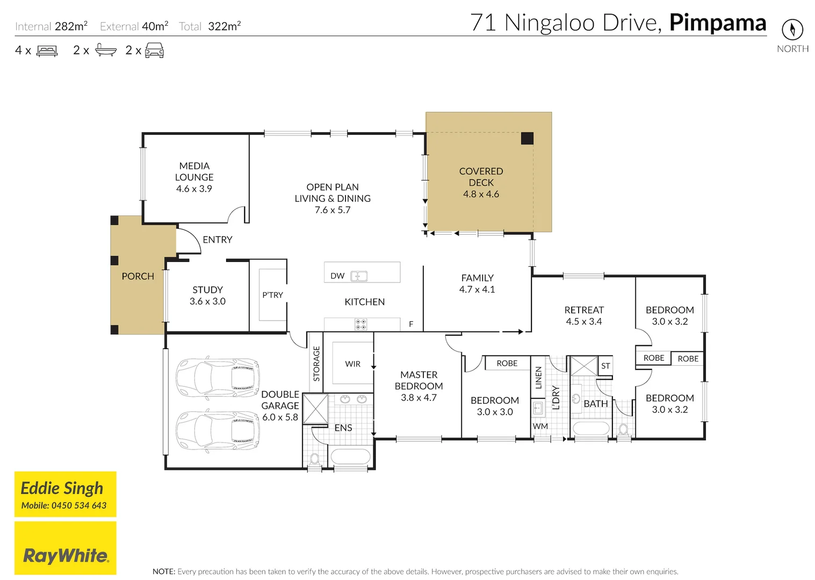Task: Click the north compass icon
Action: pos(792,30)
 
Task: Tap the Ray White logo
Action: pos(66,555)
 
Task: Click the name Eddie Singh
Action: pos(62,488)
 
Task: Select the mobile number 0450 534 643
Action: pos(78,505)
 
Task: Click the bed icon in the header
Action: pos(47,51)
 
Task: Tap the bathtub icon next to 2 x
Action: pos(105,50)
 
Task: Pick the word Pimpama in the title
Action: pos(717,23)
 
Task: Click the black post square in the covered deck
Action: pos(527,138)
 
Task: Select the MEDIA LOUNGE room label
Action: pos(194,171)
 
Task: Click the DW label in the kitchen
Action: pos(337,276)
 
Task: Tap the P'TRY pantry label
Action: pos(272,295)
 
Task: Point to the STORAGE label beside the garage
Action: pos(316,364)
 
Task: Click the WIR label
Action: pos(352,364)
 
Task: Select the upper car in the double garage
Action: pos(218,378)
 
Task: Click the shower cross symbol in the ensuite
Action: pos(315,409)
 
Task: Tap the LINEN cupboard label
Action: pos(538,377)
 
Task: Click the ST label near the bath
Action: pos(605,366)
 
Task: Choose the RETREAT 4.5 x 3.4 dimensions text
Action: pos(583,321)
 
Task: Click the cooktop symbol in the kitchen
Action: pos(361,324)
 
